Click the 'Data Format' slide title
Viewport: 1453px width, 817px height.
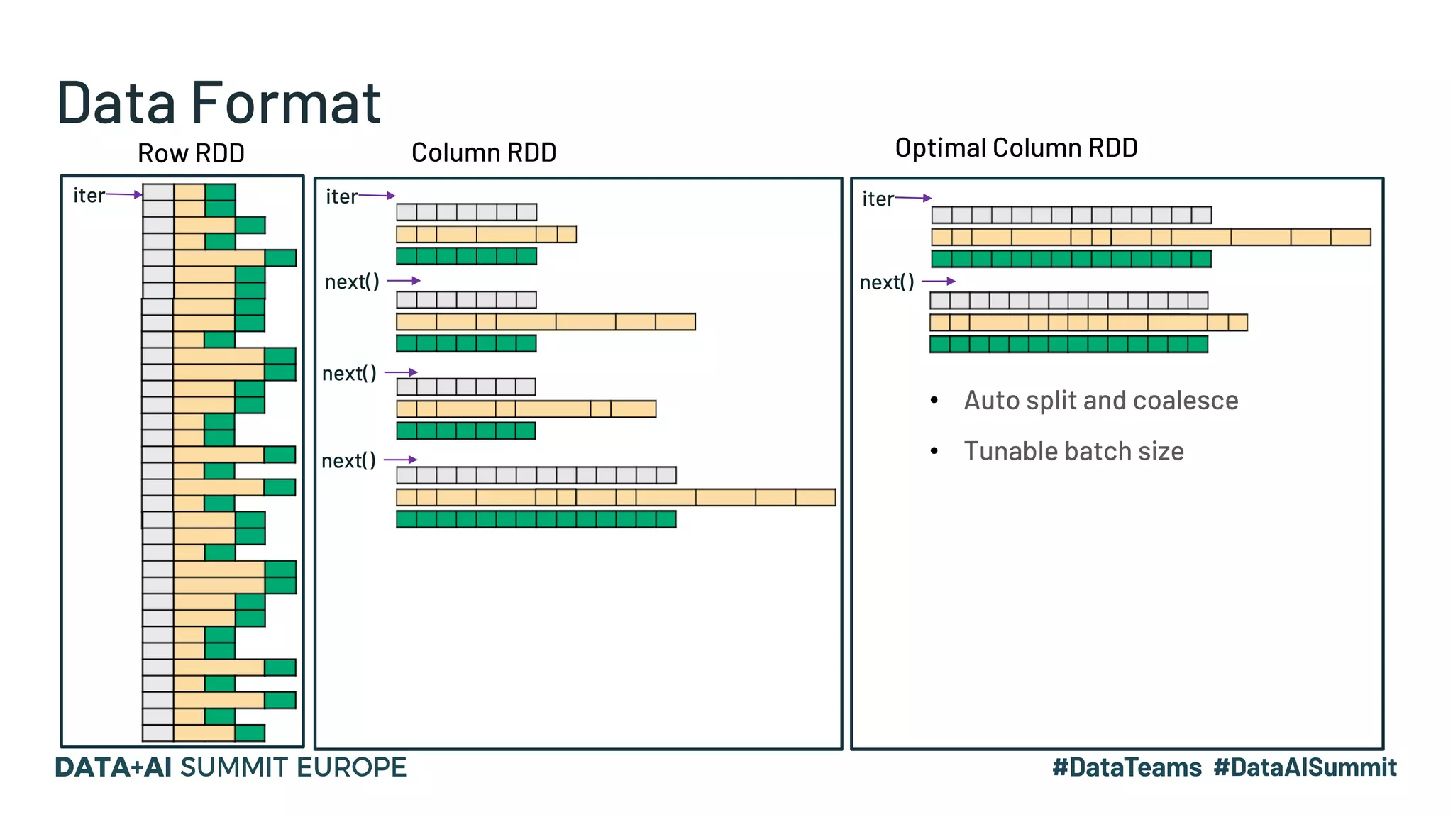pyautogui.click(x=219, y=103)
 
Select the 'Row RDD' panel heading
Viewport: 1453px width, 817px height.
pyautogui.click(x=191, y=153)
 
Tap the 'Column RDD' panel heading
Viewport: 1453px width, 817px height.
pyautogui.click(x=484, y=152)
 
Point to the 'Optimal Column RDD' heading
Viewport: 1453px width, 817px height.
pyautogui.click(x=1016, y=148)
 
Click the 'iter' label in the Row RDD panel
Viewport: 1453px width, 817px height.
pyautogui.click(x=89, y=195)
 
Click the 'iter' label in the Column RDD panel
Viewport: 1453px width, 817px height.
pyautogui.click(x=341, y=196)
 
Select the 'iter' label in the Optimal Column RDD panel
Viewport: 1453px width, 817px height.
pyautogui.click(x=878, y=199)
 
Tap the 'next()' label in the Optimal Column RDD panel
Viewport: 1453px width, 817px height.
pyautogui.click(x=887, y=282)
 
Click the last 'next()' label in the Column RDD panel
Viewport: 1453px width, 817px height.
pyautogui.click(x=348, y=461)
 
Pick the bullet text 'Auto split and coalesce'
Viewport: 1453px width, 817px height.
pyautogui.click(x=1100, y=401)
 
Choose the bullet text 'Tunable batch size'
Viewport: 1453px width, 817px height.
pyautogui.click(x=1073, y=452)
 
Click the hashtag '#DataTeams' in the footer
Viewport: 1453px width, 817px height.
pyautogui.click(x=1127, y=767)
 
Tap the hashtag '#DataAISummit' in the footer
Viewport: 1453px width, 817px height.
pyautogui.click(x=1305, y=767)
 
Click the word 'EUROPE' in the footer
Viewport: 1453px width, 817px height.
pyautogui.click(x=351, y=767)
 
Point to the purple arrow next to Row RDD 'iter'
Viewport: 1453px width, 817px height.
pyautogui.click(x=124, y=194)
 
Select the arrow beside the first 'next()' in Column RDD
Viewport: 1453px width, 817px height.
pyautogui.click(x=404, y=281)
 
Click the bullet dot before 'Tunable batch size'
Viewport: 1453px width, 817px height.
pyautogui.click(x=934, y=451)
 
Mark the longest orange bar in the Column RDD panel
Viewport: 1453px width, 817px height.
pyautogui.click(x=615, y=497)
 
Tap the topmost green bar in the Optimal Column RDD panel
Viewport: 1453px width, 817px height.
pyautogui.click(x=1071, y=259)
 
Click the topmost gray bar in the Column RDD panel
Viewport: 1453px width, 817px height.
pyautogui.click(x=466, y=212)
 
